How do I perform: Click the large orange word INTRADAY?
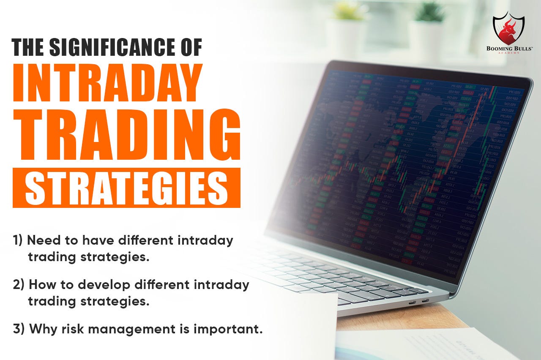[x=107, y=83]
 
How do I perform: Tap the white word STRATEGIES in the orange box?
[x=126, y=187]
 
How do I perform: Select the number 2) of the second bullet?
[x=19, y=285]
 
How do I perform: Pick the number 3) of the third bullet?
[x=19, y=329]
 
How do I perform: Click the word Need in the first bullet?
[x=42, y=241]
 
